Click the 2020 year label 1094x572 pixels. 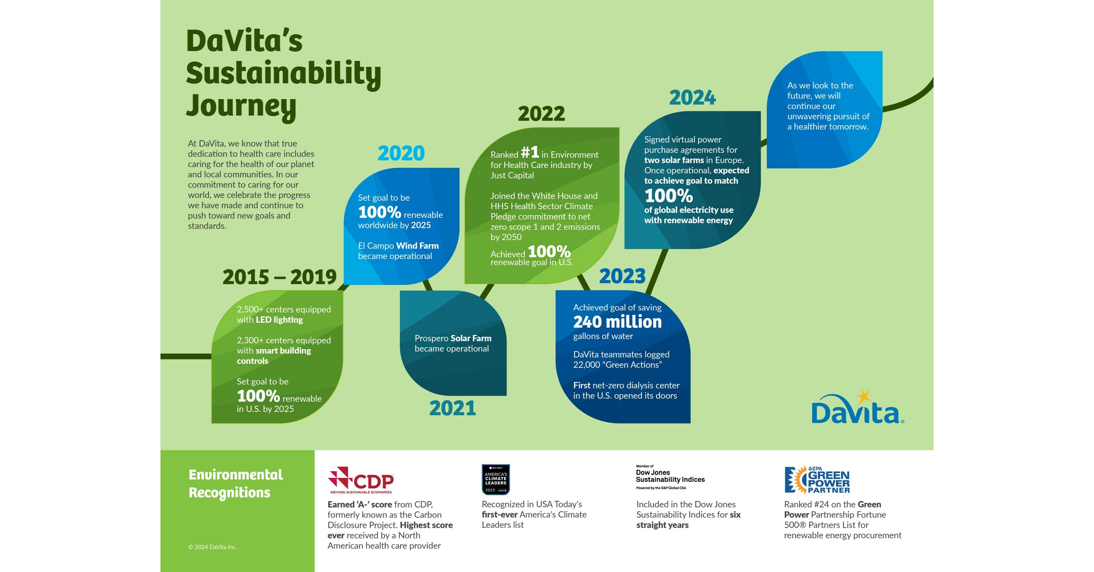(x=401, y=153)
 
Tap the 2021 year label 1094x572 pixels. (x=452, y=408)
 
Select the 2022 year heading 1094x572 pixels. (x=541, y=114)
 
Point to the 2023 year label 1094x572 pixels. (x=622, y=276)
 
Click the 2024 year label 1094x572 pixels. (x=692, y=98)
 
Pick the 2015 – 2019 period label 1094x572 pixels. (x=280, y=277)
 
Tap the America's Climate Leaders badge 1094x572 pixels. (x=496, y=479)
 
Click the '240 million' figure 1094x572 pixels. (x=617, y=322)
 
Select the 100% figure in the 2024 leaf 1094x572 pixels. (x=669, y=196)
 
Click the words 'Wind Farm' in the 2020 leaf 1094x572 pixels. (x=417, y=246)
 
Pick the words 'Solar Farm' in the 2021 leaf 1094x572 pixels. (x=470, y=338)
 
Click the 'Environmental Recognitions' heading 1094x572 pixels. (x=236, y=483)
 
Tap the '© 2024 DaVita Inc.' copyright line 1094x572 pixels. (x=212, y=547)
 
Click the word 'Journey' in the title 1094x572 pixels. (x=241, y=106)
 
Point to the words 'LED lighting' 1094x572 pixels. (x=279, y=320)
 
